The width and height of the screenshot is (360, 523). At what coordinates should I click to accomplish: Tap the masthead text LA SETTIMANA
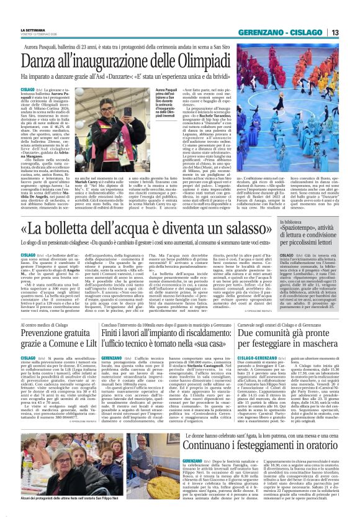[x=33, y=29]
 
